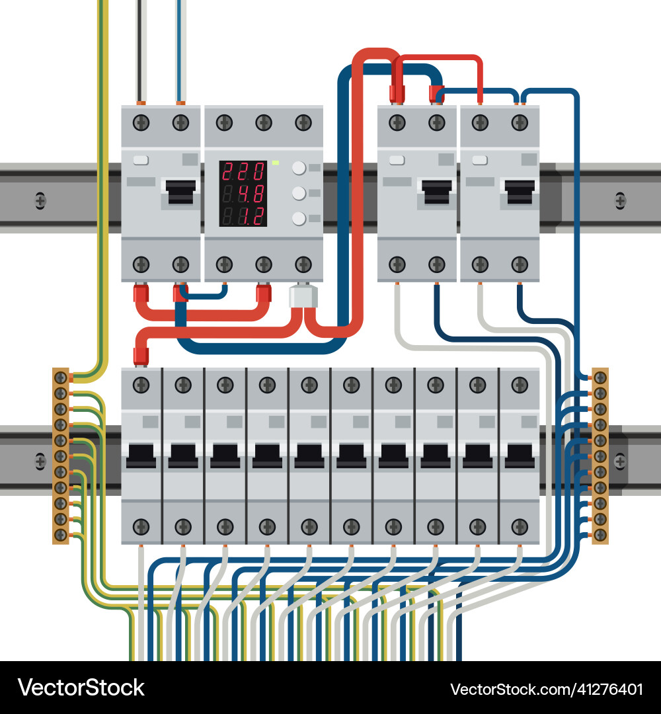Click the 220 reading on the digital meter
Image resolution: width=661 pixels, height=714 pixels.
(243, 172)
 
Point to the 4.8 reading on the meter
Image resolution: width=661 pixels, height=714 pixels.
(243, 194)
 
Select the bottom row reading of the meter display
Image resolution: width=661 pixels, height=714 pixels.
(243, 216)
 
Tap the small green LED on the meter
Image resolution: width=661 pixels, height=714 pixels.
(275, 162)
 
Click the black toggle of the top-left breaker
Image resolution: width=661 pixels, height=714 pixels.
(180, 192)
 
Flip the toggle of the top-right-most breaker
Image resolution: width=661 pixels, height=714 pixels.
(520, 192)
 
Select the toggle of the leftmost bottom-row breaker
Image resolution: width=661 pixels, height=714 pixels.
(141, 456)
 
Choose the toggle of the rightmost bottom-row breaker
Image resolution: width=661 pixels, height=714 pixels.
(520, 456)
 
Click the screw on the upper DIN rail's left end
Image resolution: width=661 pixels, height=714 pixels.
(40, 199)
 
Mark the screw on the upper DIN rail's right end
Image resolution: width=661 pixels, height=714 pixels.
(620, 199)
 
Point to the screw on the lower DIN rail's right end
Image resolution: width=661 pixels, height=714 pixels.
(620, 460)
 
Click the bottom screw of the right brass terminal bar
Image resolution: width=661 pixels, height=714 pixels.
(600, 534)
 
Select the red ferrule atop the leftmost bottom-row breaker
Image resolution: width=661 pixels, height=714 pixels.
(140, 356)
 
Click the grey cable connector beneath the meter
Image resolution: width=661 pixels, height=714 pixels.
(303, 297)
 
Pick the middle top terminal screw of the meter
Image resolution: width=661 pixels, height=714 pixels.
(264, 122)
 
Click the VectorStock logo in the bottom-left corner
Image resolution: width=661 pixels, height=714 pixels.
(81, 688)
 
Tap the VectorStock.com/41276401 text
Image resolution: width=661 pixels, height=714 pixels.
(547, 690)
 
